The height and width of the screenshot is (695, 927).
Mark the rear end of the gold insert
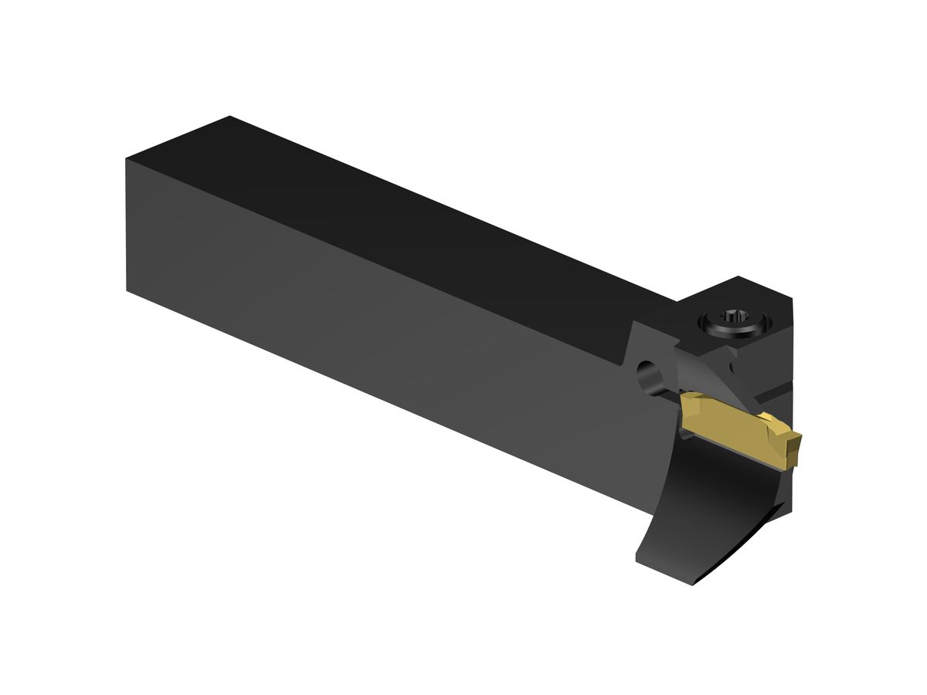click(x=686, y=403)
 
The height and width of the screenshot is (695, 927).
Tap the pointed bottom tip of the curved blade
click(x=693, y=584)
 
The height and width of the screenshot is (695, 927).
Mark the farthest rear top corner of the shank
click(x=229, y=117)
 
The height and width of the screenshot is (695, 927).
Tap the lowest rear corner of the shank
click(x=127, y=290)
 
